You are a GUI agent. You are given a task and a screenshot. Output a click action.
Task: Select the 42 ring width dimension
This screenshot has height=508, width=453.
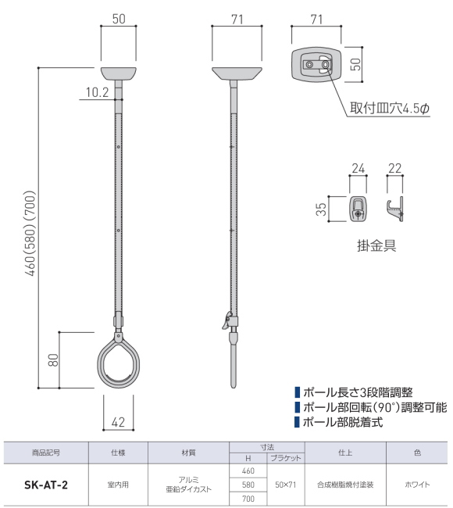pyautogui.click(x=119, y=422)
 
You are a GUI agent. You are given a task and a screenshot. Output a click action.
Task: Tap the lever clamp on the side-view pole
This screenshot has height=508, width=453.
pyautogui.click(x=229, y=320)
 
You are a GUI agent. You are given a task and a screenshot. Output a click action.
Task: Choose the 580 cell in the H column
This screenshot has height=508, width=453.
pyautogui.click(x=248, y=485)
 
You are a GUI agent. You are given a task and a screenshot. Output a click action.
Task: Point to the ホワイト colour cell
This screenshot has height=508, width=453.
pyautogui.click(x=415, y=485)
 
